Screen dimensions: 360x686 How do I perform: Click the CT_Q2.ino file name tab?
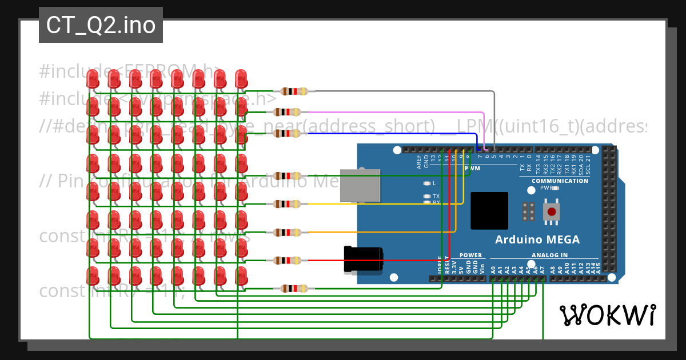pos(101,25)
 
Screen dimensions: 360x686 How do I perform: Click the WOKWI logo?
pos(607,315)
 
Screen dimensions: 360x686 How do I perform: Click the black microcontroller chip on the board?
pos(489,210)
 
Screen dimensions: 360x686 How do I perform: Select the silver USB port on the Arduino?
pos(360,186)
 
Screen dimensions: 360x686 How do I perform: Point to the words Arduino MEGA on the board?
pos(537,239)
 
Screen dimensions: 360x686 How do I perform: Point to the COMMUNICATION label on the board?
pos(560,181)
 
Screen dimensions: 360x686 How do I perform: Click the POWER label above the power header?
pos(470,255)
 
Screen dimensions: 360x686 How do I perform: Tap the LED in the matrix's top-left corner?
pos(93,79)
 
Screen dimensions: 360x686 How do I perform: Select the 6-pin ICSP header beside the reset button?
pos(529,211)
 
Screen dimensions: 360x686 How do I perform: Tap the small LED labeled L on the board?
pos(426,183)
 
